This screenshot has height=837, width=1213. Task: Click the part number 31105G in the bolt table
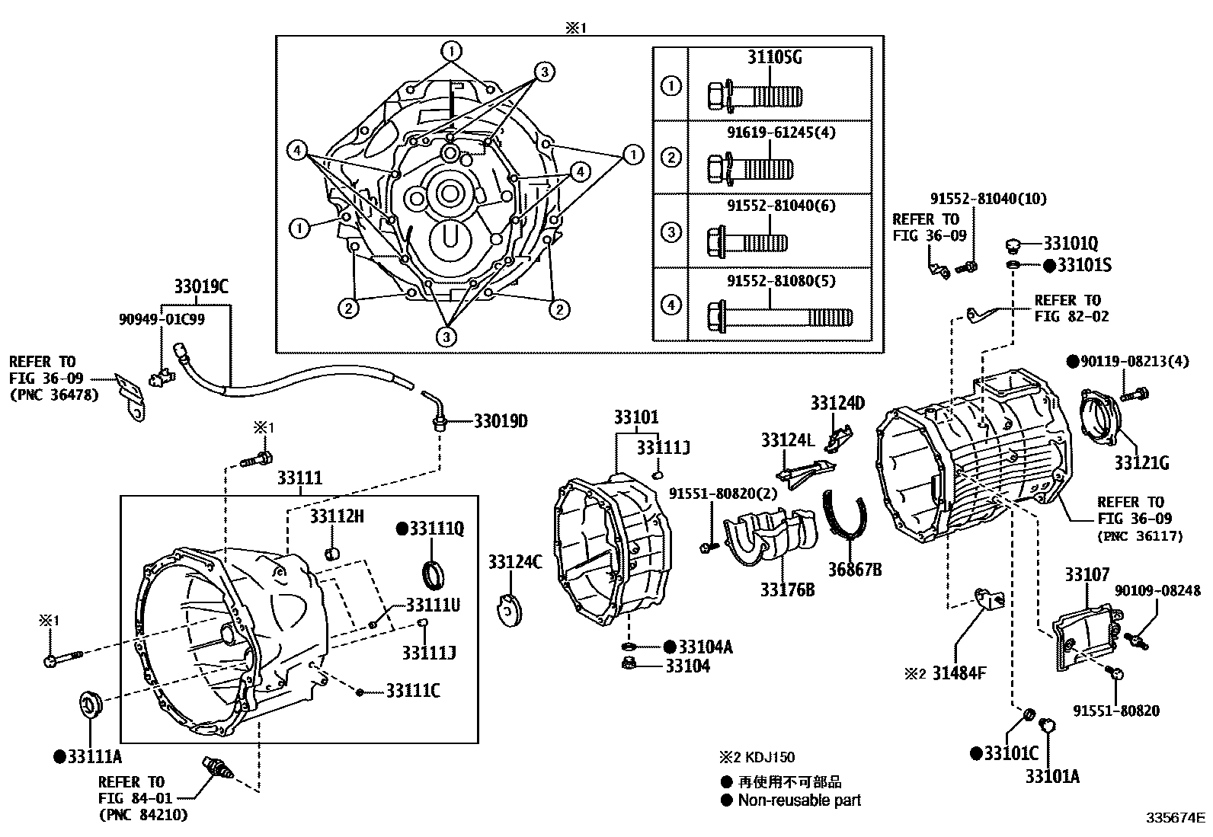(x=775, y=58)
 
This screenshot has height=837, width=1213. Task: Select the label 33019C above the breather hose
(x=201, y=287)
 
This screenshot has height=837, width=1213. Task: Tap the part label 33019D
(x=501, y=420)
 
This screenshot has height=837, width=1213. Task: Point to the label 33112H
(x=337, y=517)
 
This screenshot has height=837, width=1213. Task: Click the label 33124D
(x=837, y=403)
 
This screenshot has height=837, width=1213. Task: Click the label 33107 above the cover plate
(x=1087, y=575)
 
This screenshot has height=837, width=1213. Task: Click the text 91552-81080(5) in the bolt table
(x=770, y=280)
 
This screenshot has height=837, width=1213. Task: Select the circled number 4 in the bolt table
(x=671, y=305)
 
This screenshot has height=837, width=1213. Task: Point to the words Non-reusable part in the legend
(x=799, y=800)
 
